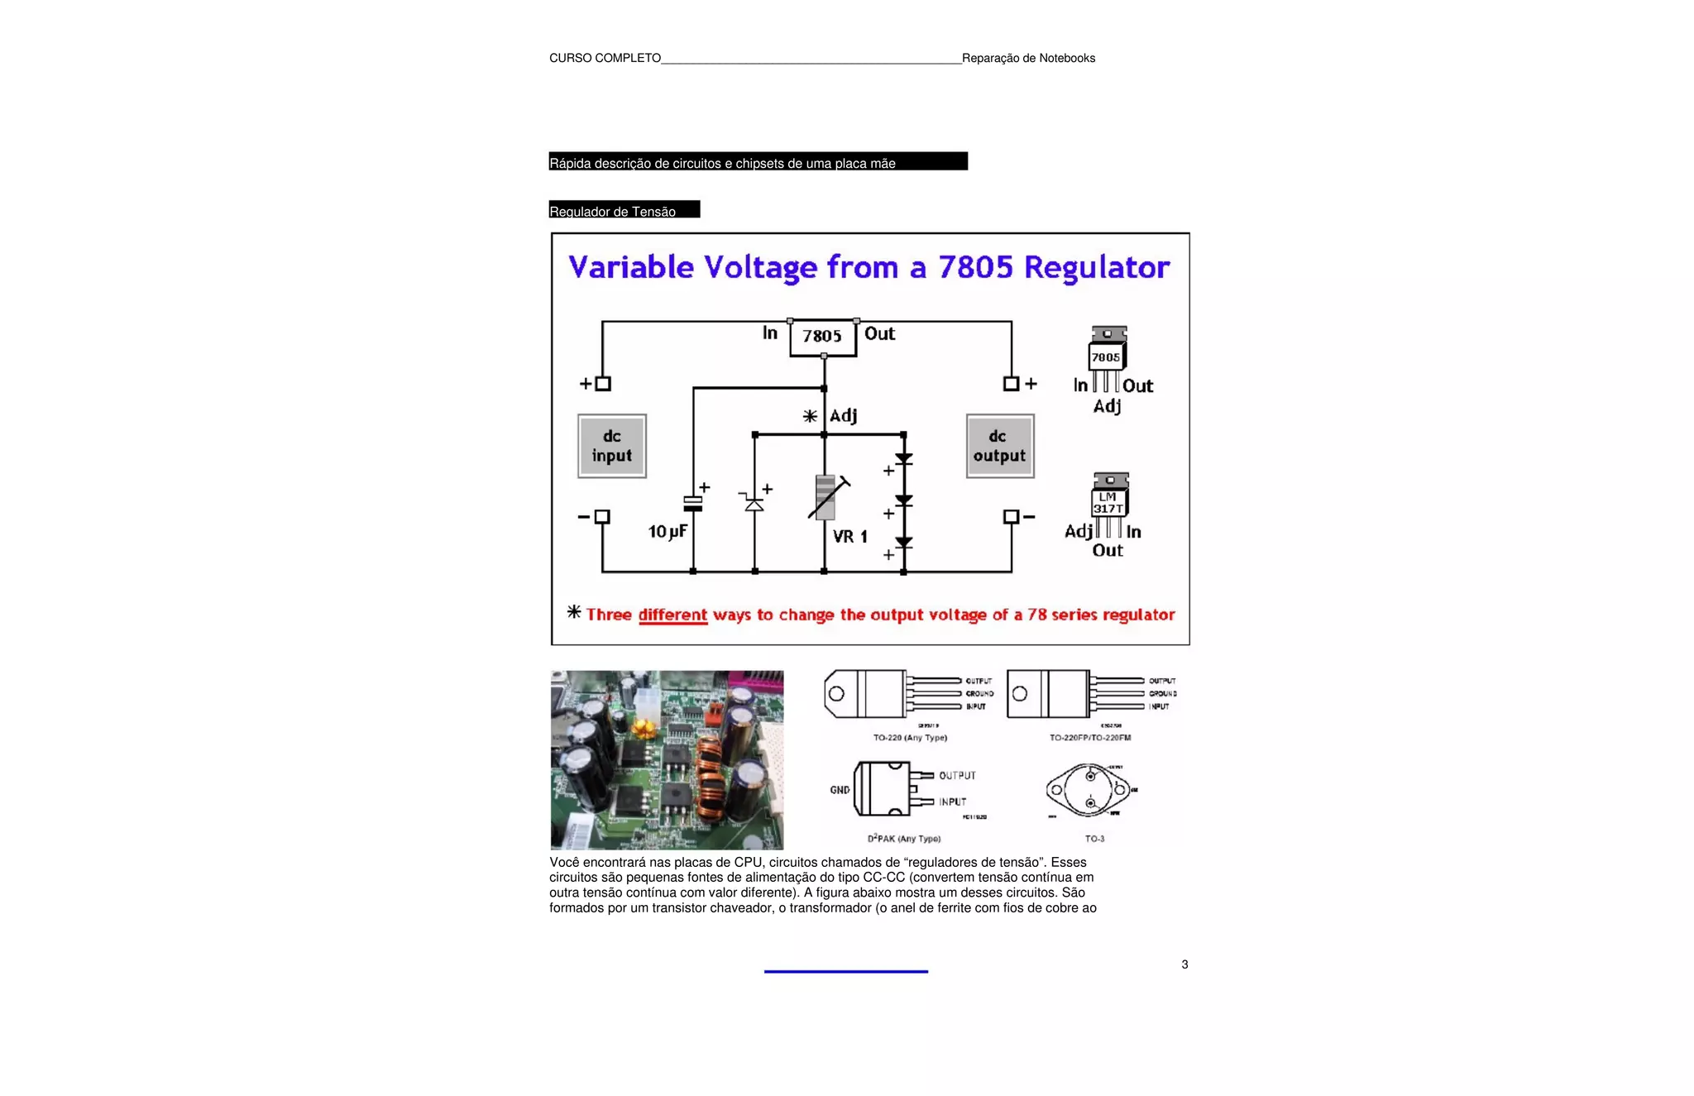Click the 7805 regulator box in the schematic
point(822,337)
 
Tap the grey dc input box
point(612,446)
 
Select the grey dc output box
point(1000,446)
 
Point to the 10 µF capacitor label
point(667,531)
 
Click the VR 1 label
point(849,537)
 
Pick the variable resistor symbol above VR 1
point(826,497)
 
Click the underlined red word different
point(672,615)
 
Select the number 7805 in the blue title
point(975,267)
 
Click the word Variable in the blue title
point(631,267)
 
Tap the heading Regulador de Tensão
point(613,211)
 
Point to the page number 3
point(1184,964)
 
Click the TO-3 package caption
point(1094,839)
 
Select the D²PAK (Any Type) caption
point(903,839)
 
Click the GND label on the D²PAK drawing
point(840,790)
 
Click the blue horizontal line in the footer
point(845,971)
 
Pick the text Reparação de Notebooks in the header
point(1028,58)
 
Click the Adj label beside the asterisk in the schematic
point(843,415)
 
